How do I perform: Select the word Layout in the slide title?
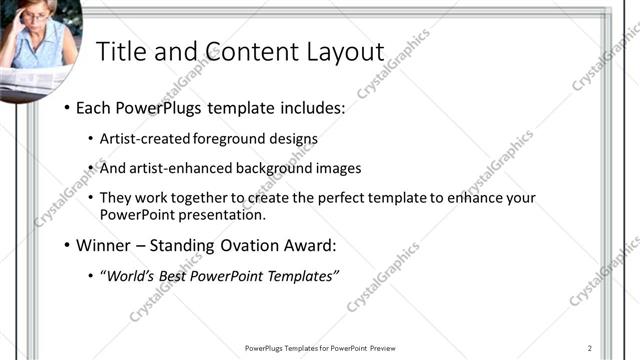(x=338, y=52)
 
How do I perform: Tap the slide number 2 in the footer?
(x=590, y=347)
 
